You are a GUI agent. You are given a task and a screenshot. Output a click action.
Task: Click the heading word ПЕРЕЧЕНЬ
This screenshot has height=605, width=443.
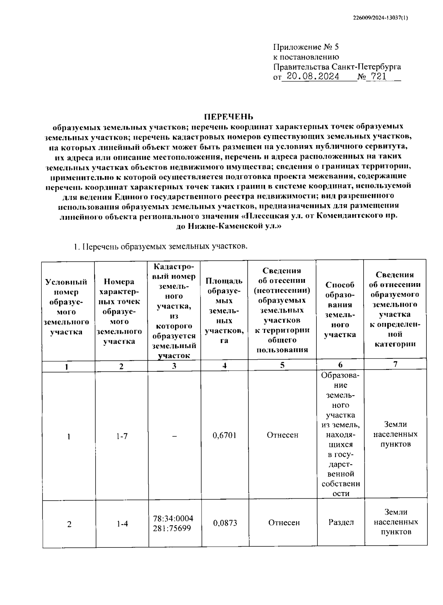(229, 117)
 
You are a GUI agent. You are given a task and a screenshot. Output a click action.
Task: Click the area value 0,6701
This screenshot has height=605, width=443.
(224, 435)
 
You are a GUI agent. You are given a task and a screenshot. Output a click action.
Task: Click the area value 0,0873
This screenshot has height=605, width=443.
(225, 523)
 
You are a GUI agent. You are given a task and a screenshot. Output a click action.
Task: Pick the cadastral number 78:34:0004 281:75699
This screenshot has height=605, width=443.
(173, 523)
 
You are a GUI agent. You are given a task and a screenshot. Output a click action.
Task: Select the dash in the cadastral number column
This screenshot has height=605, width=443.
(174, 436)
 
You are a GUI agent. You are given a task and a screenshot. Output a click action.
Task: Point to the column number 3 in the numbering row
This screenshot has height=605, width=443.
(174, 366)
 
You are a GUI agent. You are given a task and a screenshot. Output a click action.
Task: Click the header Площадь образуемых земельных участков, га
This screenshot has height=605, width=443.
(224, 310)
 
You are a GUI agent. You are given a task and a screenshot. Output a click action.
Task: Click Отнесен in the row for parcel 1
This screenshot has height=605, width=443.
(282, 435)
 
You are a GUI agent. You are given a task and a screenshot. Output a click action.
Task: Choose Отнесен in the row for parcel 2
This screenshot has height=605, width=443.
(284, 523)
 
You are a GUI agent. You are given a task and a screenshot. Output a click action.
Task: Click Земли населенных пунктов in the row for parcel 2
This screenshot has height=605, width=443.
(396, 522)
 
